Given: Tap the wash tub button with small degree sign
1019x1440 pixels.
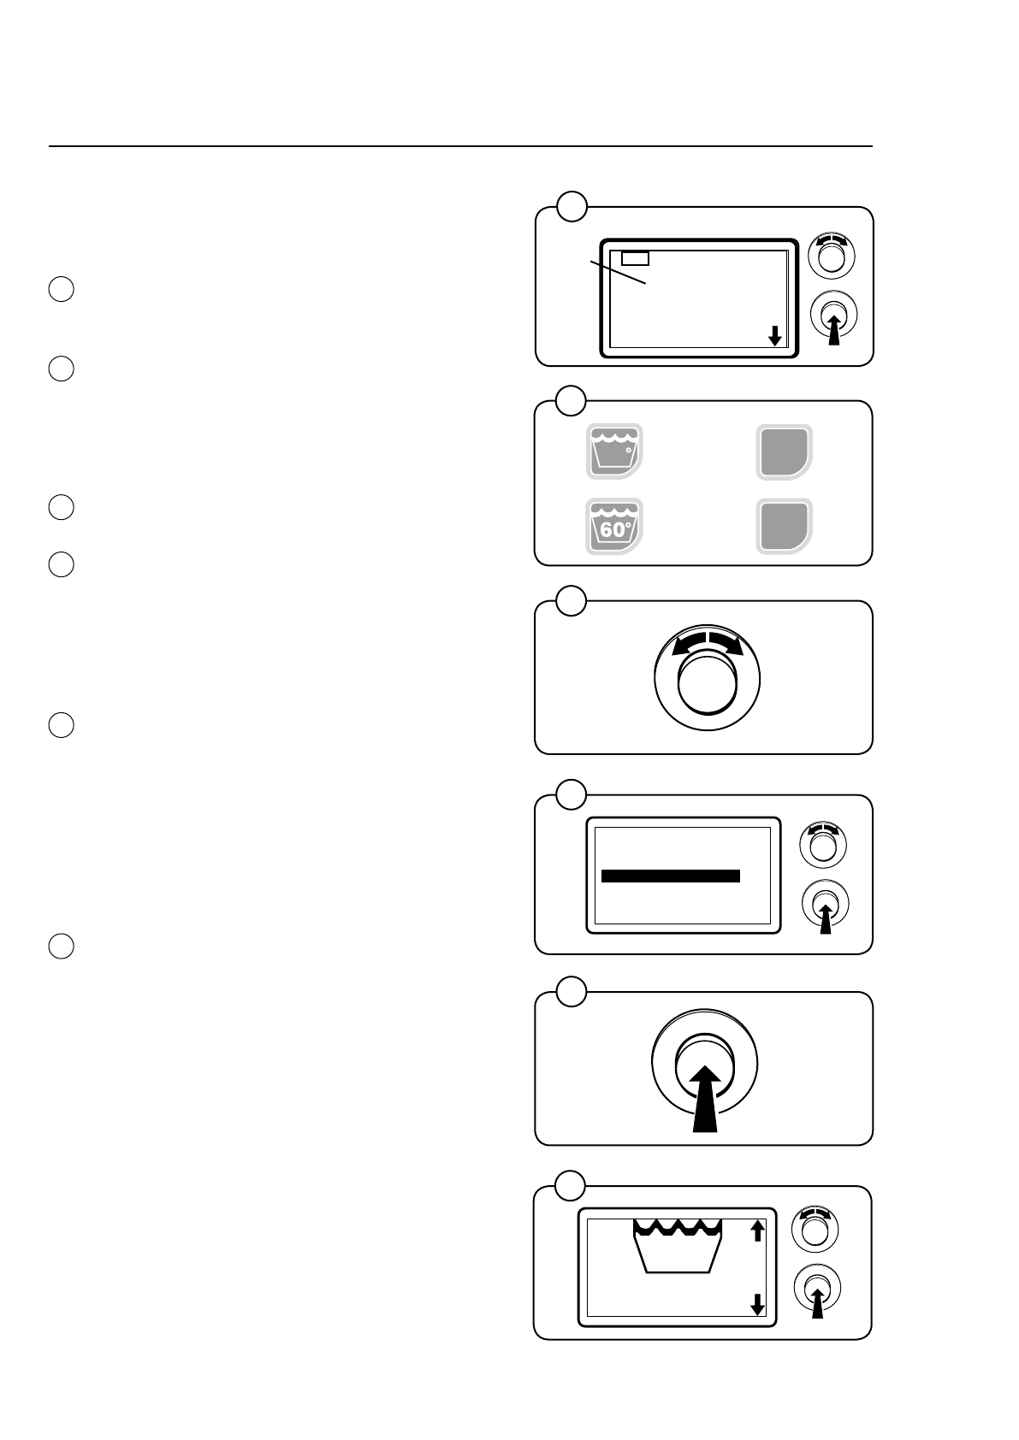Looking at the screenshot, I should (x=614, y=451).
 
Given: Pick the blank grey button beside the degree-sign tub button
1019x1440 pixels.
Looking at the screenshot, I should (x=784, y=451).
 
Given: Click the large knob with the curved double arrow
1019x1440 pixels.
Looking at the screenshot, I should (x=707, y=679).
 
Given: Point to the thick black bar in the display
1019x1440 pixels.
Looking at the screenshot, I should (x=670, y=876).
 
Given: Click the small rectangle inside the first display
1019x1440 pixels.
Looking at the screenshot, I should (x=635, y=258).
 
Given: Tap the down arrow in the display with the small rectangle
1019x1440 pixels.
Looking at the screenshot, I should (x=774, y=335).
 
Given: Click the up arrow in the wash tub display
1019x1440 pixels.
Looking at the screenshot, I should (x=757, y=1230).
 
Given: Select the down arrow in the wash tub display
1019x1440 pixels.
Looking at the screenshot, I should (x=757, y=1305).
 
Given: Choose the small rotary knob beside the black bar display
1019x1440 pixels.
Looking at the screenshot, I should (x=822, y=845).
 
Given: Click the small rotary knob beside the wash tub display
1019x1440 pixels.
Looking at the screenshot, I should (x=815, y=1230).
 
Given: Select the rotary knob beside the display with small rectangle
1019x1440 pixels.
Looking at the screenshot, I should (x=832, y=254).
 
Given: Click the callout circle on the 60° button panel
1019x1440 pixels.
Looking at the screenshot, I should (x=571, y=399).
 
